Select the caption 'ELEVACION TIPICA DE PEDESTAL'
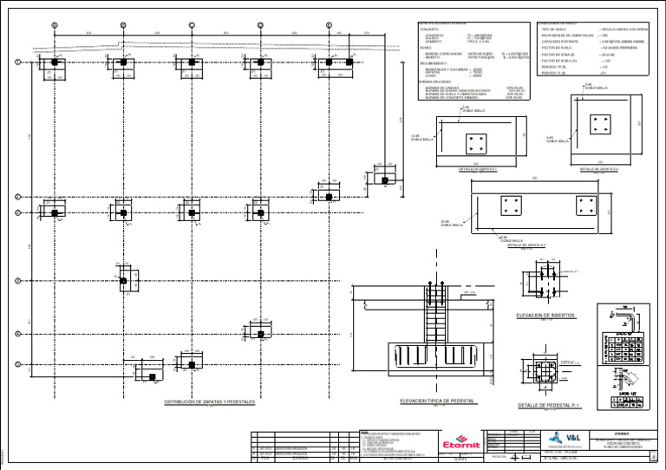439,401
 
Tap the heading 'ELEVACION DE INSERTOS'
545,316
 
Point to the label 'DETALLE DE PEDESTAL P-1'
548,405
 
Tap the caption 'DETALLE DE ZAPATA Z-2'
597,169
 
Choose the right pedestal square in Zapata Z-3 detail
586,207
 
